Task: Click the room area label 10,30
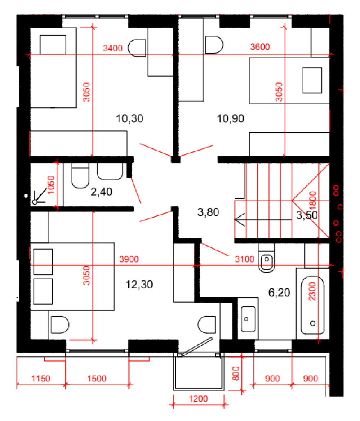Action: (x=129, y=118)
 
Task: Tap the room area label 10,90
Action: (x=230, y=118)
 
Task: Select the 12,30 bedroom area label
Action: (x=139, y=285)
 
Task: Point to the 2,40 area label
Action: (x=101, y=192)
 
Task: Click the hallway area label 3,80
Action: (x=208, y=212)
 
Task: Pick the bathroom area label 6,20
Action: (x=279, y=292)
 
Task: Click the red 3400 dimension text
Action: (x=113, y=48)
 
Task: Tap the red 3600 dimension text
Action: (x=260, y=47)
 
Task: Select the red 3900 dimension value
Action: (x=129, y=259)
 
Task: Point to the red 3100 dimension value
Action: (x=244, y=259)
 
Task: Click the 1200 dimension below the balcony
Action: (x=198, y=398)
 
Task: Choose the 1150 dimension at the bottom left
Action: (x=41, y=378)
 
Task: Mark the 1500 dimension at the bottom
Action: (x=97, y=378)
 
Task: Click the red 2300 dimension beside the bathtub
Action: (x=312, y=291)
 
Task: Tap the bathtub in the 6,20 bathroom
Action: (x=312, y=305)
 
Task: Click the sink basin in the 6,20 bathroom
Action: (x=248, y=319)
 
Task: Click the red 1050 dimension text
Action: (x=51, y=185)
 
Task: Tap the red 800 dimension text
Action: (x=236, y=373)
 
